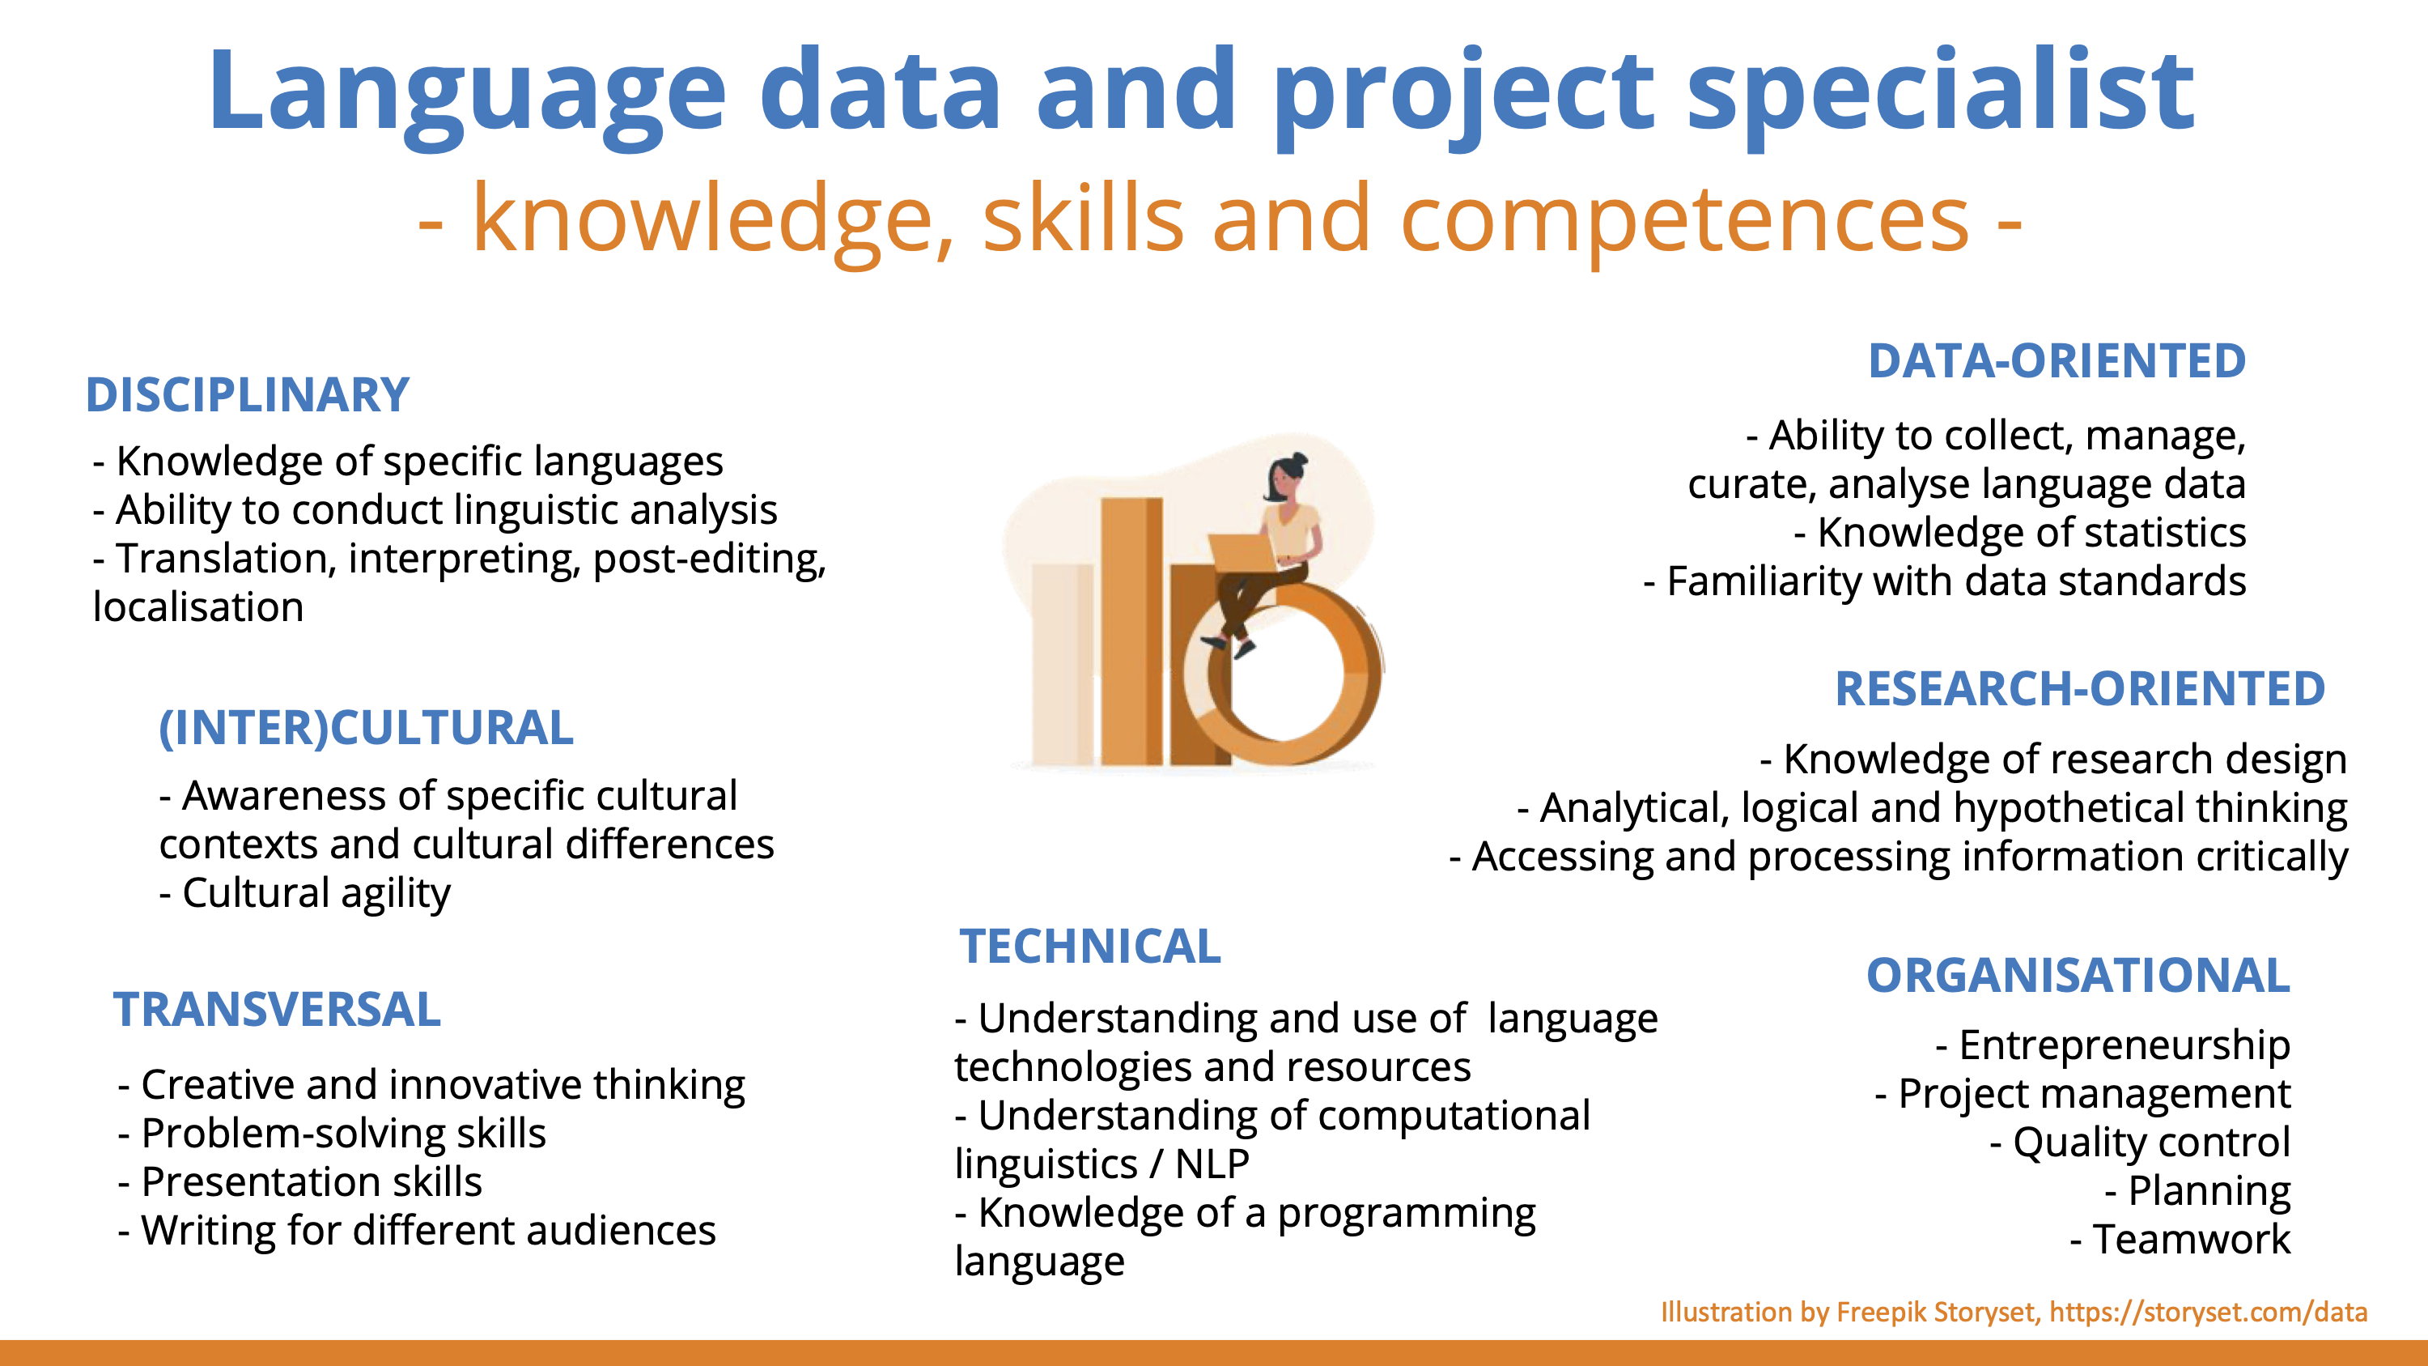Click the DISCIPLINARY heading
tap(247, 395)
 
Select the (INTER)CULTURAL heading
tap(366, 728)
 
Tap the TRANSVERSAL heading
tap(277, 1010)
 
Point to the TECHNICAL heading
tap(1090, 947)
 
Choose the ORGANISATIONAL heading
tap(2078, 976)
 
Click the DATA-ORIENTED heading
tap(2057, 361)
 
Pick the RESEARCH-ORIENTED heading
tap(2080, 688)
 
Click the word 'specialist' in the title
tap(1940, 92)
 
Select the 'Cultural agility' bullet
tap(304, 894)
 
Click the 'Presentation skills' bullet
tap(299, 1182)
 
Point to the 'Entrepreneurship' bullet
tap(2113, 1045)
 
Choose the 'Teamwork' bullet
tap(2180, 1239)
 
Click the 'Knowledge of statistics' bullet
tap(2020, 533)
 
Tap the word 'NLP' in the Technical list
tap(1212, 1164)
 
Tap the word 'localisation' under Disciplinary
tap(198, 607)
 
